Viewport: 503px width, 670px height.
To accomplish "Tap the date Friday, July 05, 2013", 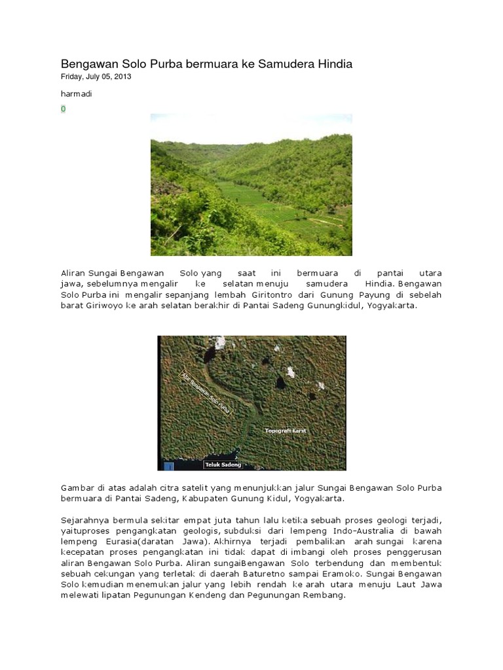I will click(x=96, y=77).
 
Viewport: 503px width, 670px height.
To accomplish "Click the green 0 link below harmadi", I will click(x=64, y=109).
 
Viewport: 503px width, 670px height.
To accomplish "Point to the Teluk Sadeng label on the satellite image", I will click(x=223, y=465).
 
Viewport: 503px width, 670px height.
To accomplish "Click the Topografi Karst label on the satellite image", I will click(x=286, y=431).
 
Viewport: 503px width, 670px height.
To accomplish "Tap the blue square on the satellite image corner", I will click(x=169, y=466).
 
